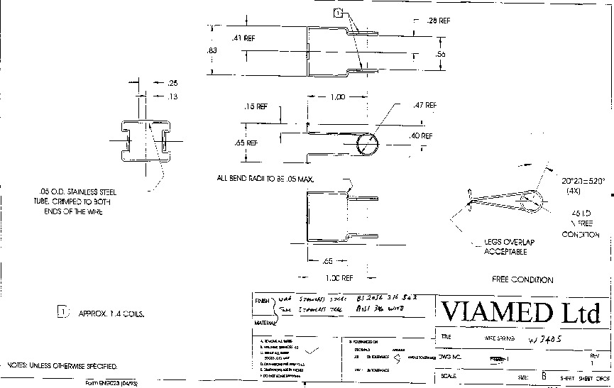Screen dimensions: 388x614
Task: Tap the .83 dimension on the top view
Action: [x=212, y=50]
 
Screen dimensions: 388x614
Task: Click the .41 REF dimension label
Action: [x=243, y=38]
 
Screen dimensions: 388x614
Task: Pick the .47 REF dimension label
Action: [x=424, y=105]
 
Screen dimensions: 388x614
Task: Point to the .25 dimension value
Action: [x=172, y=83]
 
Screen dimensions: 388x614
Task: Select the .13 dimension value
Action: [x=172, y=96]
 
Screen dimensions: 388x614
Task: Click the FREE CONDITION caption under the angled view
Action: [x=522, y=279]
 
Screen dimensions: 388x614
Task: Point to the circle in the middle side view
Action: [x=368, y=143]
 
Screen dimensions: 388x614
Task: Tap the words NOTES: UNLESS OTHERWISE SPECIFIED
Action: [x=62, y=366]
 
